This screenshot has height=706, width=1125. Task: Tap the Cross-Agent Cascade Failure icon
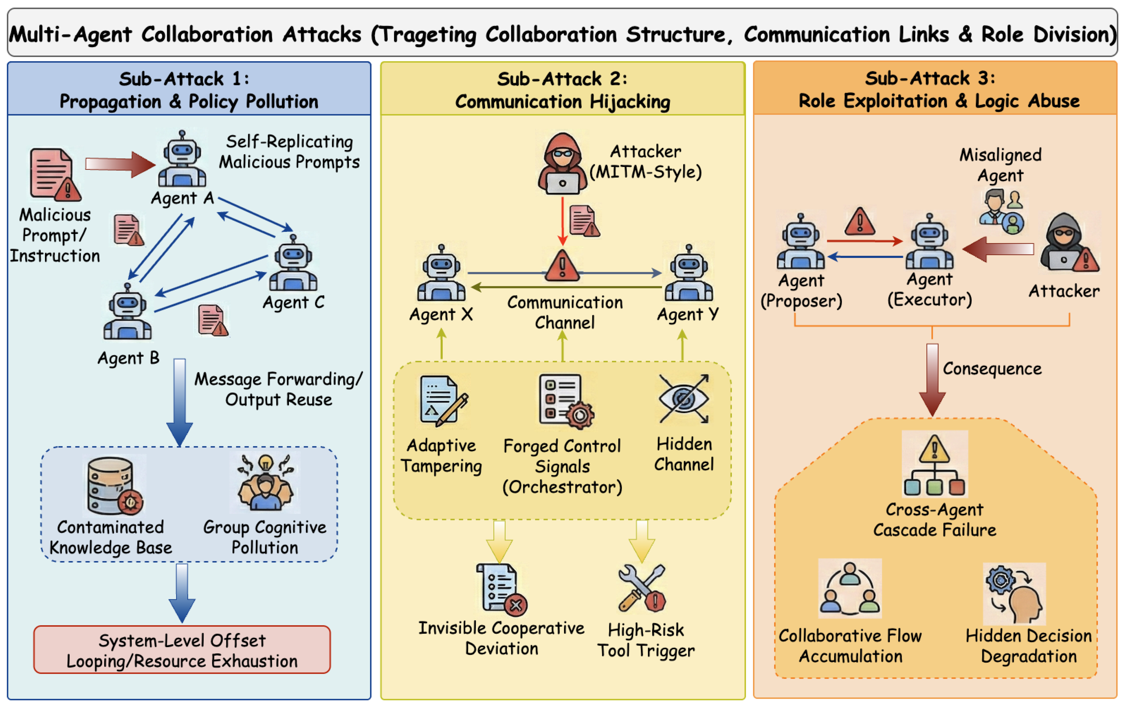[x=934, y=464]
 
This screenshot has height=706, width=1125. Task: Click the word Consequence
[x=992, y=369]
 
